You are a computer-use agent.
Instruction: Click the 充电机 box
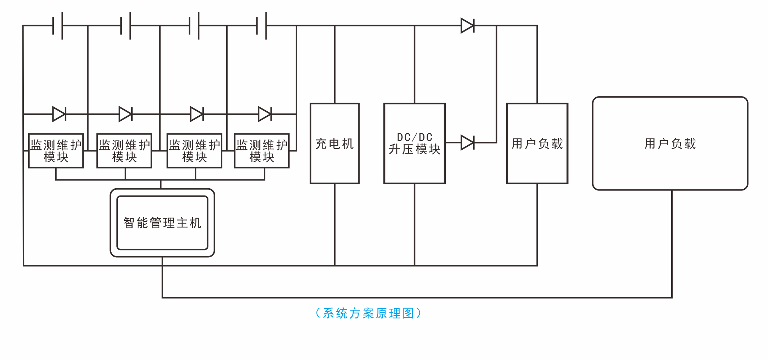pyautogui.click(x=335, y=143)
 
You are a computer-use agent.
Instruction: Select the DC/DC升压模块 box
pyautogui.click(x=414, y=143)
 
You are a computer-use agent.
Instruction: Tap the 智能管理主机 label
pyautogui.click(x=163, y=223)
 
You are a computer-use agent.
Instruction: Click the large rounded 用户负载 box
pyautogui.click(x=670, y=143)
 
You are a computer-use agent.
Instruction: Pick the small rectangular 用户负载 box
pyautogui.click(x=537, y=143)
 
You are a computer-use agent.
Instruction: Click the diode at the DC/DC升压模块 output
pyautogui.click(x=467, y=142)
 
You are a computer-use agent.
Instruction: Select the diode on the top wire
pyautogui.click(x=467, y=26)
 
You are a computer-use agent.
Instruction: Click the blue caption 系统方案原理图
pyautogui.click(x=368, y=313)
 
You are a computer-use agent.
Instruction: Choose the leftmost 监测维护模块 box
pyautogui.click(x=56, y=151)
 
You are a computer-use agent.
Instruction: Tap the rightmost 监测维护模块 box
pyautogui.click(x=262, y=151)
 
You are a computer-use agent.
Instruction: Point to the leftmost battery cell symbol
pyautogui.click(x=58, y=26)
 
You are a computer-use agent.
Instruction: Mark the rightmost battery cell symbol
pyautogui.click(x=262, y=26)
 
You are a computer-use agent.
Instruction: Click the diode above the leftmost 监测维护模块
pyautogui.click(x=59, y=114)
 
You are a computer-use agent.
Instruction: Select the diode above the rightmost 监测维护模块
pyautogui.click(x=265, y=114)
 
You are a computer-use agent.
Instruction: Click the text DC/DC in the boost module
pyautogui.click(x=414, y=137)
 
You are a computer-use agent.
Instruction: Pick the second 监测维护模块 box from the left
pyautogui.click(x=124, y=151)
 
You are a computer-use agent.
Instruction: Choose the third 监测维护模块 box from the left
pyautogui.click(x=194, y=151)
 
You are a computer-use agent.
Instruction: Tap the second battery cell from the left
pyautogui.click(x=126, y=26)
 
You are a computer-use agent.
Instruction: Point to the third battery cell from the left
pyautogui.click(x=194, y=26)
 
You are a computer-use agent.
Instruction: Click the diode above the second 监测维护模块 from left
pyautogui.click(x=126, y=114)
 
